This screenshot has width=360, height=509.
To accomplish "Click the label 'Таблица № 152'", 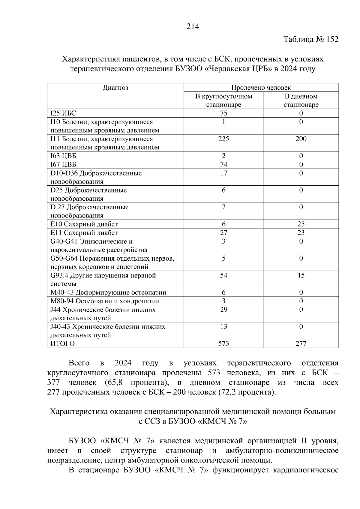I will click(x=311, y=40).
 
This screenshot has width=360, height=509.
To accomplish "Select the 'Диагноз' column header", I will click(x=115, y=88).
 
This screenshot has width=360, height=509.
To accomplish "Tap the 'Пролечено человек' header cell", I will click(x=261, y=88).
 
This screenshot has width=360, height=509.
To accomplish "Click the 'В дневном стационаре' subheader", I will click(x=301, y=100).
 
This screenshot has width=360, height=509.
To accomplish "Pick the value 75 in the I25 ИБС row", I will click(x=223, y=113).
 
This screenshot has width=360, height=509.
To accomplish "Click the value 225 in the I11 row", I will click(x=223, y=139).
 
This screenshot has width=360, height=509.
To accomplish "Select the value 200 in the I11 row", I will click(x=301, y=139).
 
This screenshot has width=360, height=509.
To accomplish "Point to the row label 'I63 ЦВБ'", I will click(x=63, y=156).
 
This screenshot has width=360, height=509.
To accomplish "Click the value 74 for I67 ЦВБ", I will click(x=223, y=164).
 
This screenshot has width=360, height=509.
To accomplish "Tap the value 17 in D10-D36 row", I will click(x=223, y=173).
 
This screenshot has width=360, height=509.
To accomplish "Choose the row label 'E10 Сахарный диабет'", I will click(x=84, y=224).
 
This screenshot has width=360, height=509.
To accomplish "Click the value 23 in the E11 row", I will click(x=301, y=233).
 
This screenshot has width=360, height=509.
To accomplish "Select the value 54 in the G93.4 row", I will click(x=223, y=275).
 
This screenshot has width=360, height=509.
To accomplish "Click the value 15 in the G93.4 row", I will click(x=301, y=275).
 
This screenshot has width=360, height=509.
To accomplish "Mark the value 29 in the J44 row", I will click(x=223, y=310).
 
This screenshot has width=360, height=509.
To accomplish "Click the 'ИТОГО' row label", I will click(x=62, y=344).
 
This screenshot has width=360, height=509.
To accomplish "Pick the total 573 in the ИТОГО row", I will click(x=223, y=344).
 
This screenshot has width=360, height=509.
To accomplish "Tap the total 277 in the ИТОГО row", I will click(x=301, y=344).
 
